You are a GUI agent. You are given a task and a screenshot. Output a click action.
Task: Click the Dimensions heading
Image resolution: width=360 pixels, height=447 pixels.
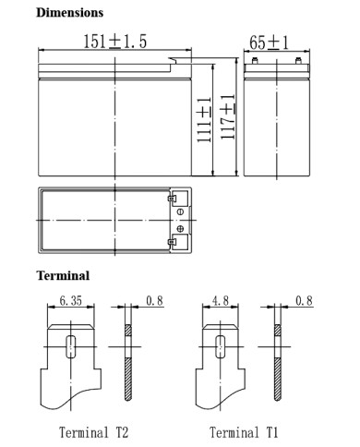(69, 13)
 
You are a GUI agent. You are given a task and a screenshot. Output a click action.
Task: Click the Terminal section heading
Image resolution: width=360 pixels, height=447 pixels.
(63, 275)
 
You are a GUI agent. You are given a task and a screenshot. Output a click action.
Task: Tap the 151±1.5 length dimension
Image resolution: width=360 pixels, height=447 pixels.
(115, 42)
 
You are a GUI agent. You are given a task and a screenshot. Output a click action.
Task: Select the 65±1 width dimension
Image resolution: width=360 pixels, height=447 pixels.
(269, 42)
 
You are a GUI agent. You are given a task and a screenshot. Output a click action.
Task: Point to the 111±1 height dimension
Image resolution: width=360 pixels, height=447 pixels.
(204, 120)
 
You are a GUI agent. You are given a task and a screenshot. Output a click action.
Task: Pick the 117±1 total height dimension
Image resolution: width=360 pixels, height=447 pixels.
(227, 116)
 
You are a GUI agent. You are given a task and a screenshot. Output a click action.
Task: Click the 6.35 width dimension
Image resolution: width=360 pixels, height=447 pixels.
(71, 300)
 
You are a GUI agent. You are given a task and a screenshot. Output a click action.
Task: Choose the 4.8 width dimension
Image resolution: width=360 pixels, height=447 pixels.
(221, 300)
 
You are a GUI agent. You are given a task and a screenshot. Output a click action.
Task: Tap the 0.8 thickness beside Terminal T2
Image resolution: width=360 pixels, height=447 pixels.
(154, 300)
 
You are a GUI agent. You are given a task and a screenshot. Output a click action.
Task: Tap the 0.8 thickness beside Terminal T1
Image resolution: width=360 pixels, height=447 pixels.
(304, 300)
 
